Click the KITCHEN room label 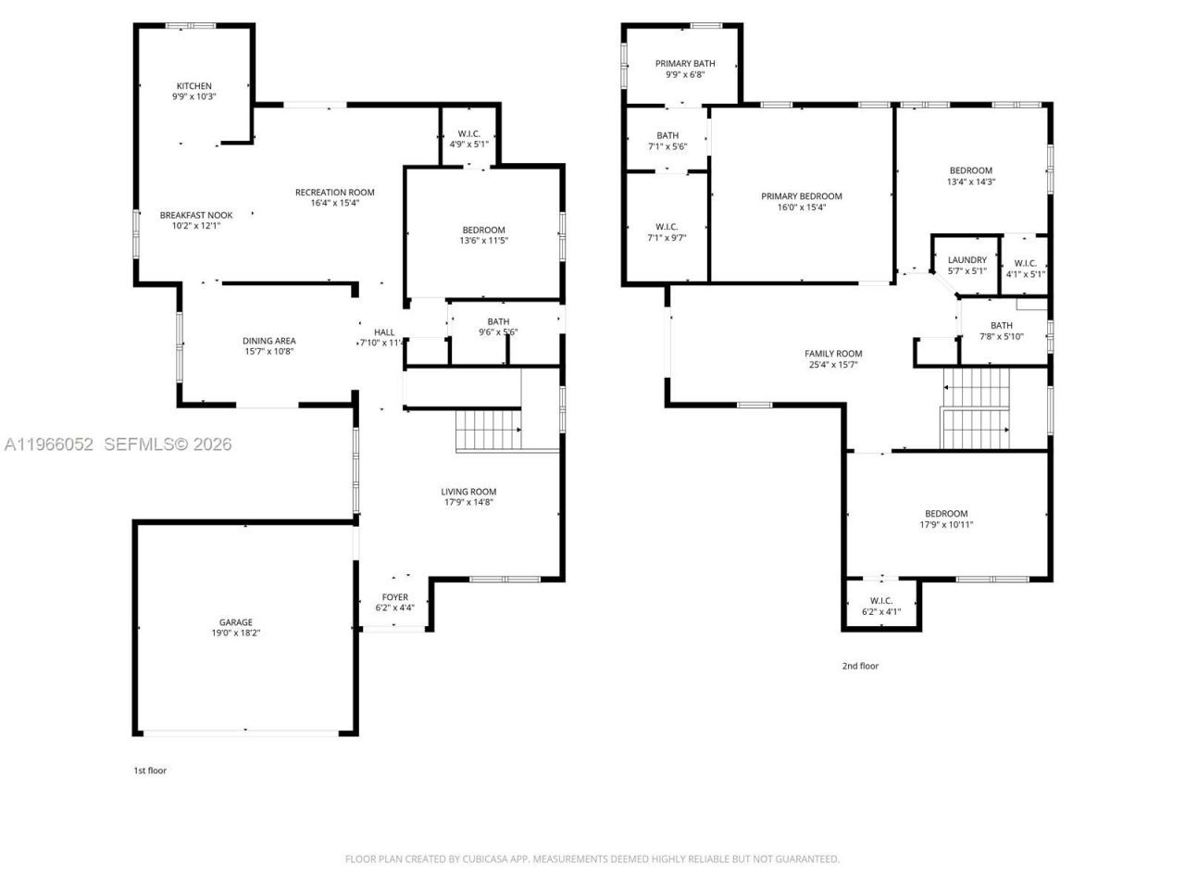tap(193, 86)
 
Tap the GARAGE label tap(235, 622)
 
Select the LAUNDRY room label tap(967, 260)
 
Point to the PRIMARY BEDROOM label tap(802, 196)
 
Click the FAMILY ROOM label tap(833, 354)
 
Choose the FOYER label tap(394, 597)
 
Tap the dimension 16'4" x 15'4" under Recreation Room tap(334, 203)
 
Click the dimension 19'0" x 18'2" tap(235, 633)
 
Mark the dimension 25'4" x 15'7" tap(833, 365)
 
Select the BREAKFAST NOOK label tap(196, 215)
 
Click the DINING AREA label tap(269, 341)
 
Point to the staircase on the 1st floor tap(487, 430)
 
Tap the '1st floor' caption tap(150, 770)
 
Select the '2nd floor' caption tap(860, 666)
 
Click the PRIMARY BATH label tap(685, 64)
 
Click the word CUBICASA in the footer tap(487, 859)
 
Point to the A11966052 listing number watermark tap(49, 444)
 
